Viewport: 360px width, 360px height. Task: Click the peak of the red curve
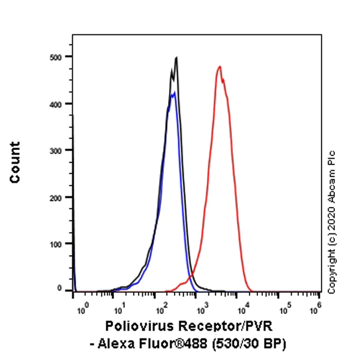coord(220,67)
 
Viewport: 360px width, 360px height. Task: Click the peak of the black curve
coord(176,58)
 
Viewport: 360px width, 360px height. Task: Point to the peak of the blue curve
coord(173,92)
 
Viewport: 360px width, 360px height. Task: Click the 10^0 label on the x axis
coord(83,307)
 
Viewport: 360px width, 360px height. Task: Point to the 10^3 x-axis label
coord(202,307)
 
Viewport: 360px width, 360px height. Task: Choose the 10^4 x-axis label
coord(241,307)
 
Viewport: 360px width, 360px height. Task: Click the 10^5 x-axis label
coord(280,307)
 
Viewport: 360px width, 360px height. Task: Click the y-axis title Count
coord(15,163)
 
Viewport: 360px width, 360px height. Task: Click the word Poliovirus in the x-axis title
coord(136,327)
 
